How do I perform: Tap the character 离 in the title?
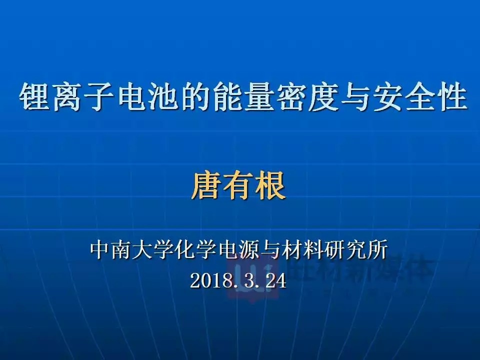point(65,97)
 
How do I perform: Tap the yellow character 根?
point(270,186)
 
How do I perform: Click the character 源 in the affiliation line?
point(249,250)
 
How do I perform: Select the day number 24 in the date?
point(275,281)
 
